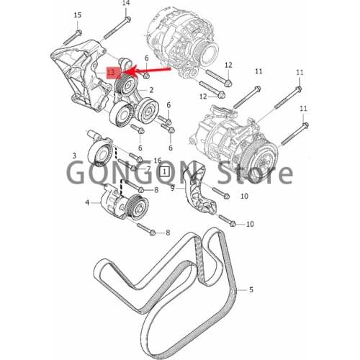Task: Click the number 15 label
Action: tap(78, 15)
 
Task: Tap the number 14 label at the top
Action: tap(126, 4)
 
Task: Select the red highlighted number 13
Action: tap(111, 73)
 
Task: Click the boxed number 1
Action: tap(166, 172)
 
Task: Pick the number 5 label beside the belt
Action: tap(251, 291)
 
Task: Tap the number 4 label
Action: tap(88, 203)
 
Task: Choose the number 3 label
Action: tap(73, 156)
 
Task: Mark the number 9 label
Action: tap(173, 188)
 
